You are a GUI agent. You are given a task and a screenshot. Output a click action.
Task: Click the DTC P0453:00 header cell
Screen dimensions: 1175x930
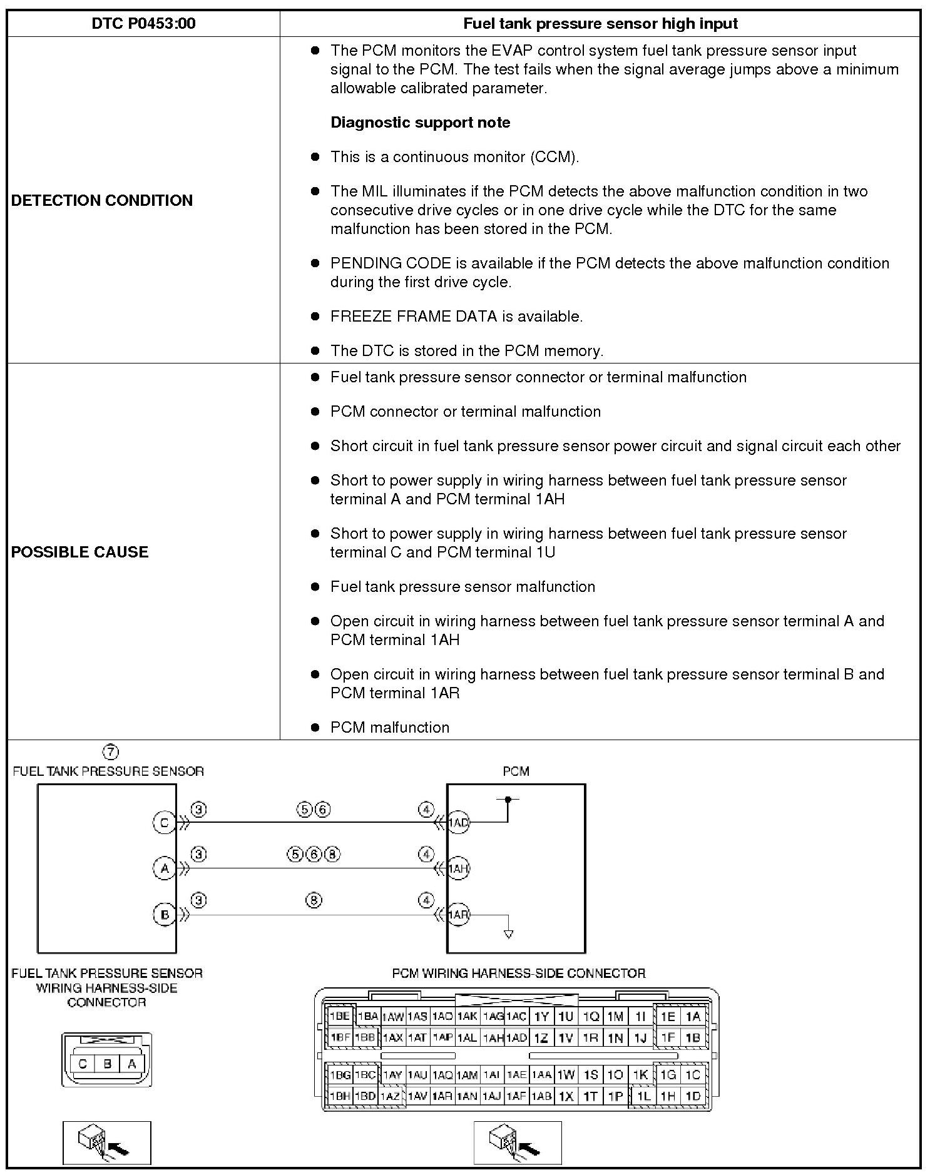click(143, 24)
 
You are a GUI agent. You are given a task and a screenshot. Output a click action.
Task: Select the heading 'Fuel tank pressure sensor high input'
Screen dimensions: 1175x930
click(600, 24)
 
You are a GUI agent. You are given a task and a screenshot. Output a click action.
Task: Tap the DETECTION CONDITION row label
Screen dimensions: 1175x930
click(102, 200)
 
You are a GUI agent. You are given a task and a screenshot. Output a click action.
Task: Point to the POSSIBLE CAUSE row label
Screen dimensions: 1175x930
click(80, 552)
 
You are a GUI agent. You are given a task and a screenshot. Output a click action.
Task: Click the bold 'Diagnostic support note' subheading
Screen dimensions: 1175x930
click(420, 123)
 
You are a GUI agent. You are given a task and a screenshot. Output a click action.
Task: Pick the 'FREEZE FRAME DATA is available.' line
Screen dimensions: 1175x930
click(456, 317)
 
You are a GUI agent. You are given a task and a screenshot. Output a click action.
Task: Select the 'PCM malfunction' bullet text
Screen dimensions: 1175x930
click(389, 727)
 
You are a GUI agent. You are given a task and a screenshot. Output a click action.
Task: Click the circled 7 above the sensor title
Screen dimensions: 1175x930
click(110, 751)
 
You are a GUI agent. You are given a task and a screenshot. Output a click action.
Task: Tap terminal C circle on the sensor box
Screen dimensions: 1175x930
click(164, 822)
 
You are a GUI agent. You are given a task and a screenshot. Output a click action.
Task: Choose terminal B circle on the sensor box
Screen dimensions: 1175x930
click(164, 915)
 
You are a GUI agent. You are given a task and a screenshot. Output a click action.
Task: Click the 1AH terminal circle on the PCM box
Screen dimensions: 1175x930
click(458, 868)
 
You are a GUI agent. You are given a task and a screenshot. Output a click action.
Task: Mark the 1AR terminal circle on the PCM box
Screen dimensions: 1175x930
click(458, 915)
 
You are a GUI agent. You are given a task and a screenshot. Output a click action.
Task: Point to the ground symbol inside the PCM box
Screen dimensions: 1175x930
click(508, 934)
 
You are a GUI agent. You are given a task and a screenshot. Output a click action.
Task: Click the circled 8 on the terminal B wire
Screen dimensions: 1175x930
click(314, 900)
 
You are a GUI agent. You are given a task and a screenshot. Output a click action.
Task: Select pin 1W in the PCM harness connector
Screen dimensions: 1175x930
click(566, 1075)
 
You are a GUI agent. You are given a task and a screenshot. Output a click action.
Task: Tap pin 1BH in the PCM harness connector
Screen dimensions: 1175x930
click(340, 1096)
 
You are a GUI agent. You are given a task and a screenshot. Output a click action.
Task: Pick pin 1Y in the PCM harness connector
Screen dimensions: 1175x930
click(541, 1017)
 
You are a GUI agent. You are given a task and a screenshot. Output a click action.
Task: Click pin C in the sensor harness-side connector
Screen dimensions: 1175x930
click(83, 1063)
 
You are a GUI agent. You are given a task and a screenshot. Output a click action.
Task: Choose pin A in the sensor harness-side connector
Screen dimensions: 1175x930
click(131, 1063)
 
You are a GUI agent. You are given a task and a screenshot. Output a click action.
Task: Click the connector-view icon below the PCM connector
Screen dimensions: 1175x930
click(517, 1142)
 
